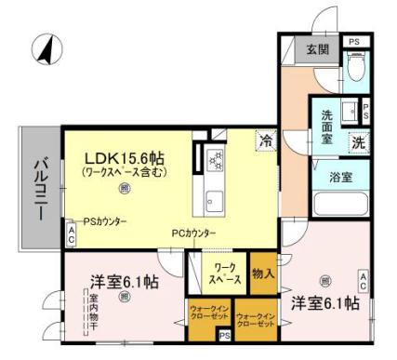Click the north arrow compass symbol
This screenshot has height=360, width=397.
click(x=42, y=49)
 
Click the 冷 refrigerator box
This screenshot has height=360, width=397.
click(x=265, y=142)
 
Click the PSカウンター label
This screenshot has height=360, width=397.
click(x=104, y=220)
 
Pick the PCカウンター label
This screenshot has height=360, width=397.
click(x=193, y=233)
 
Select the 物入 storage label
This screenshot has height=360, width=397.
click(x=262, y=273)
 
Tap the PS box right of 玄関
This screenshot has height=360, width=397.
click(x=353, y=42)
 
